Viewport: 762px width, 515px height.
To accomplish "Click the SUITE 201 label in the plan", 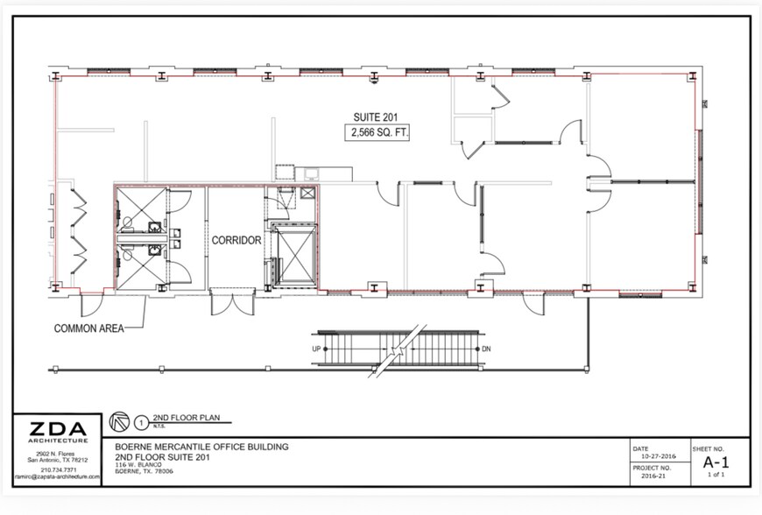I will click(376, 116).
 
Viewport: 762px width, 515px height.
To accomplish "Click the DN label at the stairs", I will click(486, 349).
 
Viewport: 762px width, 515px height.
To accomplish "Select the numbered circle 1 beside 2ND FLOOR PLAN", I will click(138, 421).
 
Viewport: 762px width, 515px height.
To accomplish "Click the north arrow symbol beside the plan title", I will click(117, 421).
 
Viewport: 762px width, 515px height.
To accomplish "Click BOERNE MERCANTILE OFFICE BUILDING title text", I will click(201, 446).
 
